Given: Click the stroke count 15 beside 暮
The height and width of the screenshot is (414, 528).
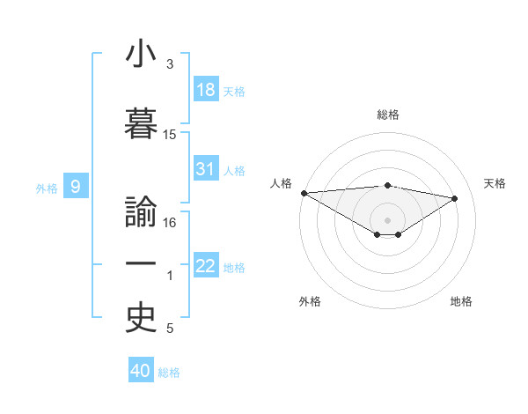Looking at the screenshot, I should pyautogui.click(x=170, y=135).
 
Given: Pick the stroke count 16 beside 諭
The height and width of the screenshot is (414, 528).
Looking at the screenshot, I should pyautogui.click(x=170, y=223).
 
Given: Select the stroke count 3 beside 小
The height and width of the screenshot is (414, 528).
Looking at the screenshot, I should pyautogui.click(x=170, y=64).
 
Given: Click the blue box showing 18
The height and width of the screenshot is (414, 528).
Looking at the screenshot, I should pyautogui.click(x=206, y=90).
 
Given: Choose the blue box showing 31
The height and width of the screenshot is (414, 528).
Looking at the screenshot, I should pyautogui.click(x=206, y=169).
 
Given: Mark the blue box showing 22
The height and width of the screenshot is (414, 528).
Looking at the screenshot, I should pyautogui.click(x=206, y=266).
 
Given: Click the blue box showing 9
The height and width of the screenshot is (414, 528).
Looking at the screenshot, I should pyautogui.click(x=77, y=186).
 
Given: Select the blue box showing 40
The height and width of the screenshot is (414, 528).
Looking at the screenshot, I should pyautogui.click(x=141, y=371).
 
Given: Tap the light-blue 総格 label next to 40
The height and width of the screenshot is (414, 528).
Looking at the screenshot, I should pyautogui.click(x=169, y=373).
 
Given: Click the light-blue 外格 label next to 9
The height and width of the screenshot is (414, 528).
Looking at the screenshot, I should pyautogui.click(x=47, y=188).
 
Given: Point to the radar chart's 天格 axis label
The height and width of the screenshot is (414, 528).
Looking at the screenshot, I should pyautogui.click(x=495, y=183).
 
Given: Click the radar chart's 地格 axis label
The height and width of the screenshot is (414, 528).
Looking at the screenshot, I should pyautogui.click(x=461, y=301).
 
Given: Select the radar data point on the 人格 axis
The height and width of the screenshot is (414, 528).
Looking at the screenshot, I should pyautogui.click(x=304, y=193).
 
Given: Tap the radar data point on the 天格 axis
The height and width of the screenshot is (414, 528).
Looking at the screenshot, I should pyautogui.click(x=455, y=198).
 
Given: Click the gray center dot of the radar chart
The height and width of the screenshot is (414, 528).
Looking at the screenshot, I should pyautogui.click(x=387, y=218).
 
